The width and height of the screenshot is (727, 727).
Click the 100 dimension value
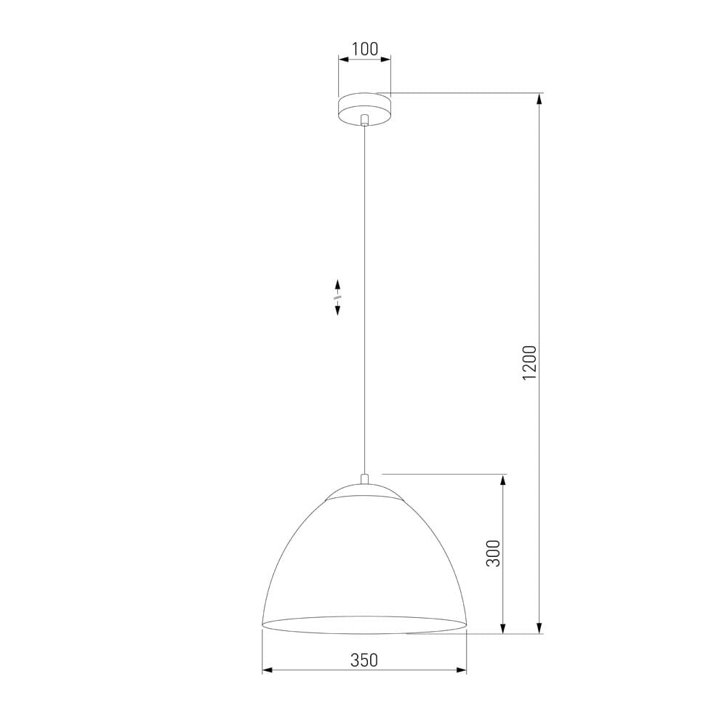coord(364,49)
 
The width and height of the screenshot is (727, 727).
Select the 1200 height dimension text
coord(529,362)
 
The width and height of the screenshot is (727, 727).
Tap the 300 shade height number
coord(494,554)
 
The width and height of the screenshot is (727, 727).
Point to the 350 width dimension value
coord(364,660)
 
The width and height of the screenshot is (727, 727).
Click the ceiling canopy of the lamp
coord(364,107)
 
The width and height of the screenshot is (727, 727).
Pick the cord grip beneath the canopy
coord(365,121)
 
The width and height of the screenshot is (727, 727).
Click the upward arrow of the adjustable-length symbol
coord(338,284)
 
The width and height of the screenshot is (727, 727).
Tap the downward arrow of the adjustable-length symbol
coord(338,310)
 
